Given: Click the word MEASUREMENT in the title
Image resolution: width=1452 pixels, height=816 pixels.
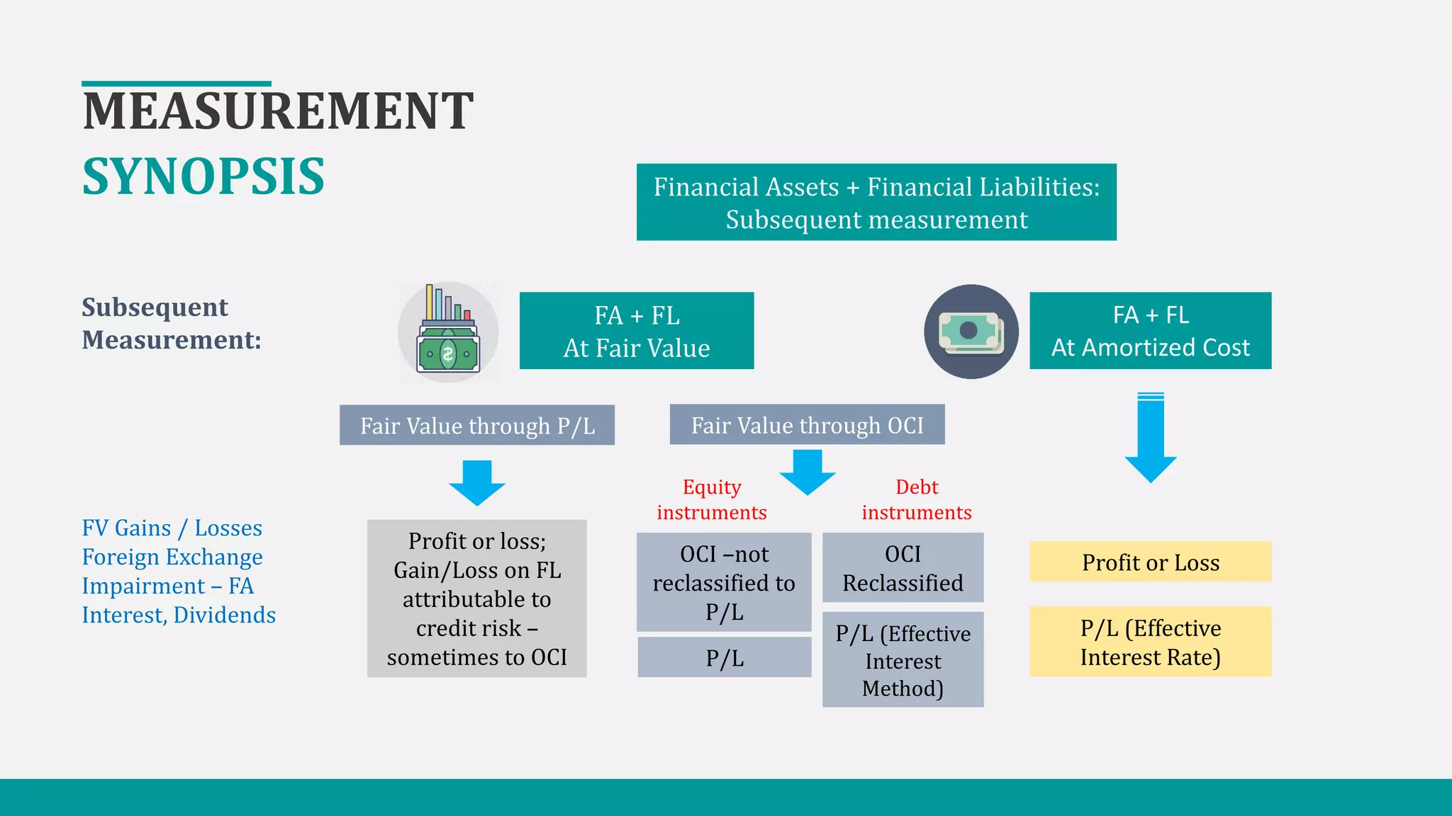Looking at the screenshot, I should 278,111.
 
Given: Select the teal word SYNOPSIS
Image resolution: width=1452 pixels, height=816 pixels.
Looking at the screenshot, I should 203,176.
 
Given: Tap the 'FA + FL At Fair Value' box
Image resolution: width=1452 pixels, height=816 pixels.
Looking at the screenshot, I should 636,331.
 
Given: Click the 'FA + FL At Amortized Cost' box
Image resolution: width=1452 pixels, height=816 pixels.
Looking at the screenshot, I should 1150,331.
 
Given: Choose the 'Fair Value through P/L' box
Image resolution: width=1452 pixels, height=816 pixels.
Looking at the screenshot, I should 476,425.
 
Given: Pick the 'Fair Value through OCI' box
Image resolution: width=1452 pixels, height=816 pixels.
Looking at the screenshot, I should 807,424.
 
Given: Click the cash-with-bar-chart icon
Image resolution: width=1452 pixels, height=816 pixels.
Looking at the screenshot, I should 448,332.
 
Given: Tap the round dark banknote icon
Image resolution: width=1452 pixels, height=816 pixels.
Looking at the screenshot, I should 971,331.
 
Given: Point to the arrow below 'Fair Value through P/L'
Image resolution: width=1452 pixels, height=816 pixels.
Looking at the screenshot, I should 477,483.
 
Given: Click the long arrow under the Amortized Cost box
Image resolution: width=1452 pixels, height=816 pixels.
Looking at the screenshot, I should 1151,439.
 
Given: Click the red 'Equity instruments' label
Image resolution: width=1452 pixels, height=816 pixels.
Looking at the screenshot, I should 712,499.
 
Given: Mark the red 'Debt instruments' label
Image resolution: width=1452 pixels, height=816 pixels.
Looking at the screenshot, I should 917,499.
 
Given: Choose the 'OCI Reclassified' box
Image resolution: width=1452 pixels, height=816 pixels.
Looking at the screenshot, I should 903,568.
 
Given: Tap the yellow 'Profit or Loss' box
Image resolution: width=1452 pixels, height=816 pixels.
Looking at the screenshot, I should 1150,562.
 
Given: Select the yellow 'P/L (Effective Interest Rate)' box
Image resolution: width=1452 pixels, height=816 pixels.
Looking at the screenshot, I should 1150,642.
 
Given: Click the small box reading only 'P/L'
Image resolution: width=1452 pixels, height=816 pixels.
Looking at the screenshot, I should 725,657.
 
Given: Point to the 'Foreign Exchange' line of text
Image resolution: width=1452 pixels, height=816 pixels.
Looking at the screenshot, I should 172,557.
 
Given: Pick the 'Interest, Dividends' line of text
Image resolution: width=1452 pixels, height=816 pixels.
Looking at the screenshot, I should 179,615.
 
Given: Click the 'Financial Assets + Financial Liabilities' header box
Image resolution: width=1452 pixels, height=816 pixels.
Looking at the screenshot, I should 876,203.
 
